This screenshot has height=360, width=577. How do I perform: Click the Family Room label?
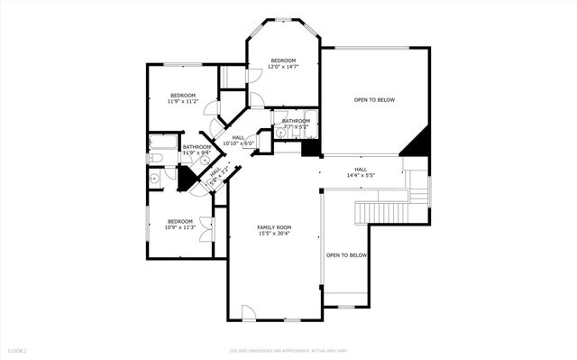tap(274, 227)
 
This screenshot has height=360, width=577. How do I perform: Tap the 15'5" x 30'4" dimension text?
tap(274, 234)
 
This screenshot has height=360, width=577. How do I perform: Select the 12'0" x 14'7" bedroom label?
tap(283, 61)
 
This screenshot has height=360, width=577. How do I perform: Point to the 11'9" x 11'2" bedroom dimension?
tap(183, 102)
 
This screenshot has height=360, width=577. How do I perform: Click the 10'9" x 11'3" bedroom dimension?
tap(179, 227)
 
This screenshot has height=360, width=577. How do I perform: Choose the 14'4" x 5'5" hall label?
tap(360, 169)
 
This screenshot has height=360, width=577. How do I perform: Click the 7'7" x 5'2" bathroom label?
tap(295, 121)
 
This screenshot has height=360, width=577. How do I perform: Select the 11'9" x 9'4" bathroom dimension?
tap(197, 152)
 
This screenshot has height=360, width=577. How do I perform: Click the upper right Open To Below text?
tap(374, 99)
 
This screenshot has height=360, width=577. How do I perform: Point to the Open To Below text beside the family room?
tap(346, 255)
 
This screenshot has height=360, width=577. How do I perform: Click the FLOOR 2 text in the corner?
tap(17, 350)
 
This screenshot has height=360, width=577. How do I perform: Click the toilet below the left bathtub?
tap(154, 159)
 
